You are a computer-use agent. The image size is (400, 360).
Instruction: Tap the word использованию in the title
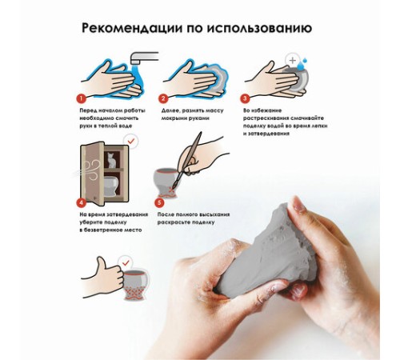click(x=259, y=28)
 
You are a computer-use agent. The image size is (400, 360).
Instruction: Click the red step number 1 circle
click(x=81, y=98)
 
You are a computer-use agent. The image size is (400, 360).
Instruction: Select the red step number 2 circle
click(x=163, y=98)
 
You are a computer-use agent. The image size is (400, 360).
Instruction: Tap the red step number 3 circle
click(x=245, y=98)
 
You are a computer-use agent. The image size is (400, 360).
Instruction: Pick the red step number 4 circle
click(x=81, y=202)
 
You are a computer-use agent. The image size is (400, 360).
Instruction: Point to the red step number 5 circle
click(x=159, y=202)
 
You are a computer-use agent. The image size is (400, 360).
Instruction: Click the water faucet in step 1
click(x=143, y=58)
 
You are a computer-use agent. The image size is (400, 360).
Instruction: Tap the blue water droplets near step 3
click(x=302, y=63)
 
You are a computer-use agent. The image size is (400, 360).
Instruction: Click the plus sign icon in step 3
click(x=293, y=60)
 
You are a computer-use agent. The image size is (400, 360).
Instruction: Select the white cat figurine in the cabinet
click(x=111, y=160)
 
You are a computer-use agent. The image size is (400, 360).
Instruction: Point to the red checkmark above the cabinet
click(x=131, y=141)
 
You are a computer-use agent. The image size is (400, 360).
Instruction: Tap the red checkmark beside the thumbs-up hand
click(x=126, y=262)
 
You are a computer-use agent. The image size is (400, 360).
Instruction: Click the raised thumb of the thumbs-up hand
click(x=102, y=264)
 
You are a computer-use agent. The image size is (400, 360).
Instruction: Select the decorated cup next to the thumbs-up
click(x=136, y=286)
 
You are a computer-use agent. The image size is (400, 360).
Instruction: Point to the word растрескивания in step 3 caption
click(x=266, y=118)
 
